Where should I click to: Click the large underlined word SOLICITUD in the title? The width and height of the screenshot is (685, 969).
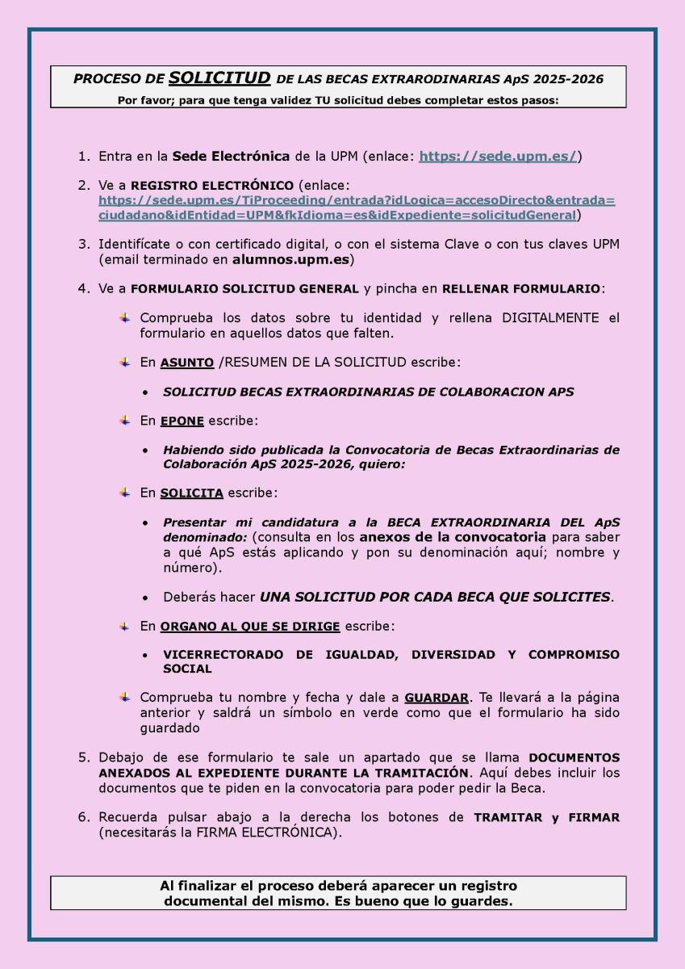point(219,78)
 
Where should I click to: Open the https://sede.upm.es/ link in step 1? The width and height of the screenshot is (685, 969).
point(498,157)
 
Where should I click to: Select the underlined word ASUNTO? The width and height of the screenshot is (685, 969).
point(187,363)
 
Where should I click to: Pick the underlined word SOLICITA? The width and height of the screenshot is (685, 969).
point(191,493)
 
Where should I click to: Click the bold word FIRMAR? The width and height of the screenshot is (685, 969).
point(591,817)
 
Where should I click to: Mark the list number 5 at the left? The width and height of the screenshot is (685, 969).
point(83,757)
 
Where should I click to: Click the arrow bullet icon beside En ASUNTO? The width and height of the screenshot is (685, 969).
point(125,363)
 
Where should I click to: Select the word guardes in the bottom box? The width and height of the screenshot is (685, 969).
point(482,901)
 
